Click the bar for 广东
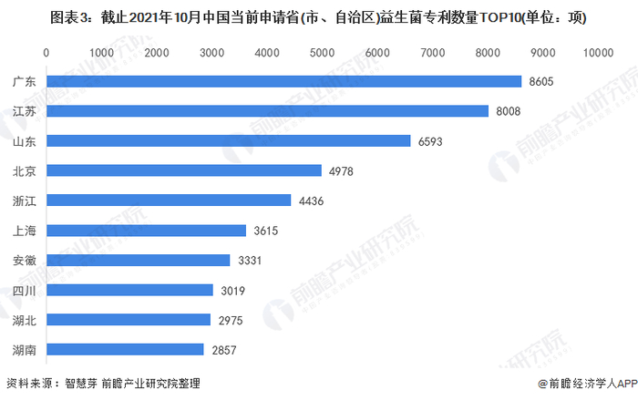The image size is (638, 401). tap(283, 82)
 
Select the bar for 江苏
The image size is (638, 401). tap(267, 111)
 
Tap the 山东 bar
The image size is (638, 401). tap(228, 141)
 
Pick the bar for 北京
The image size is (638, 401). tap(183, 170)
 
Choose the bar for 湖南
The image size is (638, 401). tap(125, 349)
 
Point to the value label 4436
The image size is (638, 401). tap(311, 200)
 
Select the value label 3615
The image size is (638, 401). tap(266, 231)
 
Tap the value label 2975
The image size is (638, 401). tap(231, 320)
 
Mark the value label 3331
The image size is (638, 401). tap(250, 261)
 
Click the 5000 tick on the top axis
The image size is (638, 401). tap(322, 54)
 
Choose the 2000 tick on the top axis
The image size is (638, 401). tap(157, 54)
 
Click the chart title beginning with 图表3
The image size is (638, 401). tap(318, 16)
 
